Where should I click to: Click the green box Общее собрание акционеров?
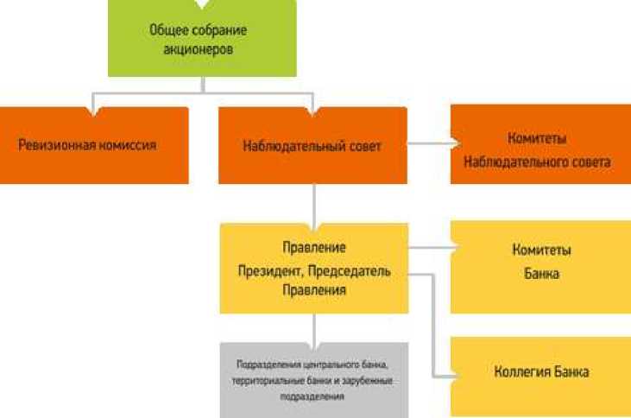pyautogui.click(x=201, y=38)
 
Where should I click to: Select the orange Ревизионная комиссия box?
pyautogui.click(x=94, y=145)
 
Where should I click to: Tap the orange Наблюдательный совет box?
pyautogui.click(x=312, y=145)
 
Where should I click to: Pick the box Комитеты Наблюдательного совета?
pyautogui.click(x=542, y=146)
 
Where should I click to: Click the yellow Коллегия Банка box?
pyautogui.click(x=541, y=372)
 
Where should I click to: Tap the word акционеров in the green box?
pyautogui.click(x=203, y=49)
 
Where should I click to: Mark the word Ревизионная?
pyautogui.click(x=55, y=145)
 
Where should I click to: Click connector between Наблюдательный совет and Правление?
pyautogui.click(x=314, y=204)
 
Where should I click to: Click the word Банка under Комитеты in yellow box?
pyautogui.click(x=542, y=275)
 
